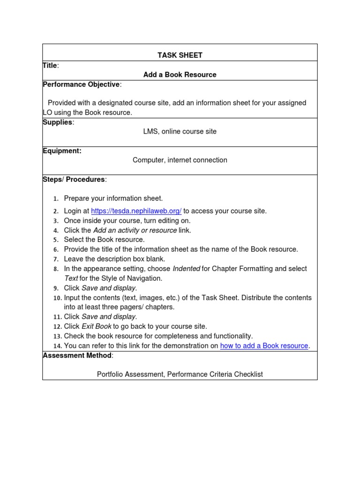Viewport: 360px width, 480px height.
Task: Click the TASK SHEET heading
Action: pyautogui.click(x=180, y=55)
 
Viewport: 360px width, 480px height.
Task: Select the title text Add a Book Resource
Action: pyautogui.click(x=180, y=75)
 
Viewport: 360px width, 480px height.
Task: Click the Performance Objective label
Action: pyautogui.click(x=81, y=84)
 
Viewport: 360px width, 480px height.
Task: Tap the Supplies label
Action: pyautogui.click(x=58, y=122)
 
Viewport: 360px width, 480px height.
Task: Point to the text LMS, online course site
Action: pyautogui.click(x=180, y=132)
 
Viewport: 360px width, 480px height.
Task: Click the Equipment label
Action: pyautogui.click(x=62, y=150)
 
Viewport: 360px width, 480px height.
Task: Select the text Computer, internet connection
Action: pyautogui.click(x=180, y=160)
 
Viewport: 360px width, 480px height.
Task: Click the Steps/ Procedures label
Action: pyautogui.click(x=74, y=179)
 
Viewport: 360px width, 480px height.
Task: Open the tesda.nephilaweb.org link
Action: pyautogui.click(x=136, y=211)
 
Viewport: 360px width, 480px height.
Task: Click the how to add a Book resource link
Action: pyautogui.click(x=264, y=346)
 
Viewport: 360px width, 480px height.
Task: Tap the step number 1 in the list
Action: pyautogui.click(x=56, y=199)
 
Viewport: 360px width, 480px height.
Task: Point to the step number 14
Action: pyautogui.click(x=57, y=346)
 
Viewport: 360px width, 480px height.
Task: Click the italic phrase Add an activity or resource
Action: pyautogui.click(x=135, y=230)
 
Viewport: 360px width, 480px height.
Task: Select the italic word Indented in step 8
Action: pyautogui.click(x=186, y=269)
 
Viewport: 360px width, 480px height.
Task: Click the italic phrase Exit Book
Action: pyautogui.click(x=97, y=326)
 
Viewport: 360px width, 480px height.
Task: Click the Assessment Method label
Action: pyautogui.click(x=77, y=355)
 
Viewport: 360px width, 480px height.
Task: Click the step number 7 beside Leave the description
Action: pyautogui.click(x=56, y=259)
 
